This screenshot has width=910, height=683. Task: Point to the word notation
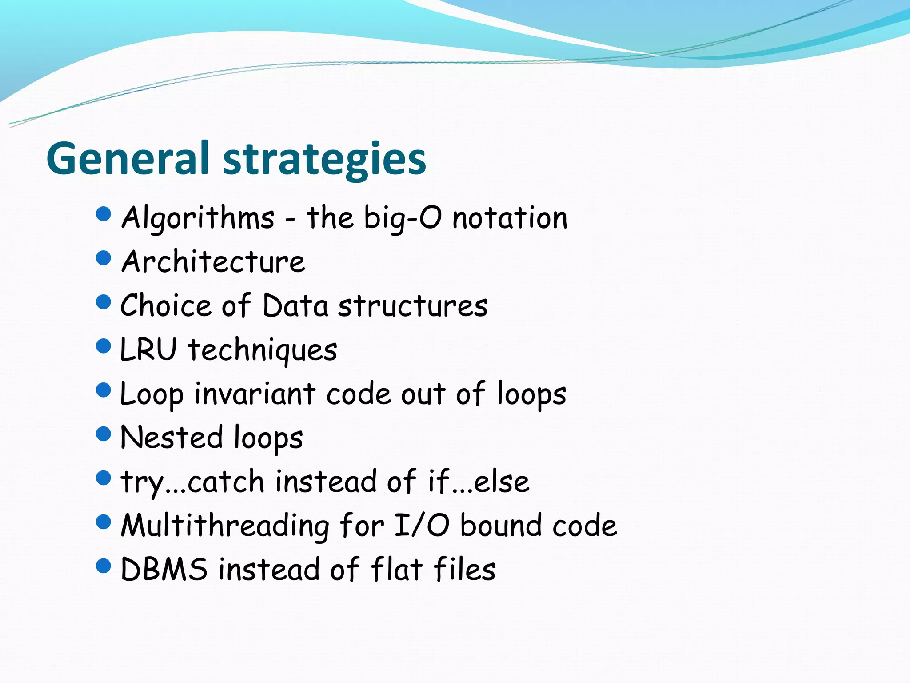510,218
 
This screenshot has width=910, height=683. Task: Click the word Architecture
213,261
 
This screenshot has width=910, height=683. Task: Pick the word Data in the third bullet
295,305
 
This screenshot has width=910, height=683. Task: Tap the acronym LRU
148,349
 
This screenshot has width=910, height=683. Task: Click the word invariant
255,394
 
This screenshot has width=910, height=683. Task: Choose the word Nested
172,437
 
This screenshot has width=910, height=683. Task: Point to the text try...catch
193,482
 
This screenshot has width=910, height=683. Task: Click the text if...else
479,481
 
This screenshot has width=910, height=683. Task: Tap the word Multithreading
225,526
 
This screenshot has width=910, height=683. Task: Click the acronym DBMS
164,569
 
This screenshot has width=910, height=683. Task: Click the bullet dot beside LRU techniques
103,346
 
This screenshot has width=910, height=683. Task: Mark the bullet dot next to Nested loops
103,434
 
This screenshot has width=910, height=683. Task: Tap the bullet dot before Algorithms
103,214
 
